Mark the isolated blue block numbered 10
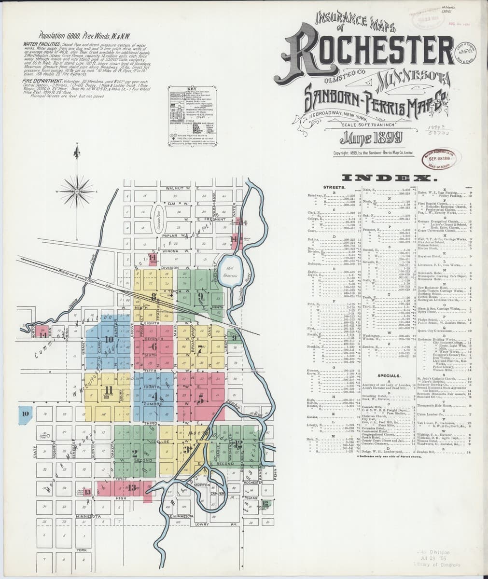click(26, 413)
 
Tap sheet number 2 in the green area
click(135, 452)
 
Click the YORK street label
click(81, 550)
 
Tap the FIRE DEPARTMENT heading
click(40, 82)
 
